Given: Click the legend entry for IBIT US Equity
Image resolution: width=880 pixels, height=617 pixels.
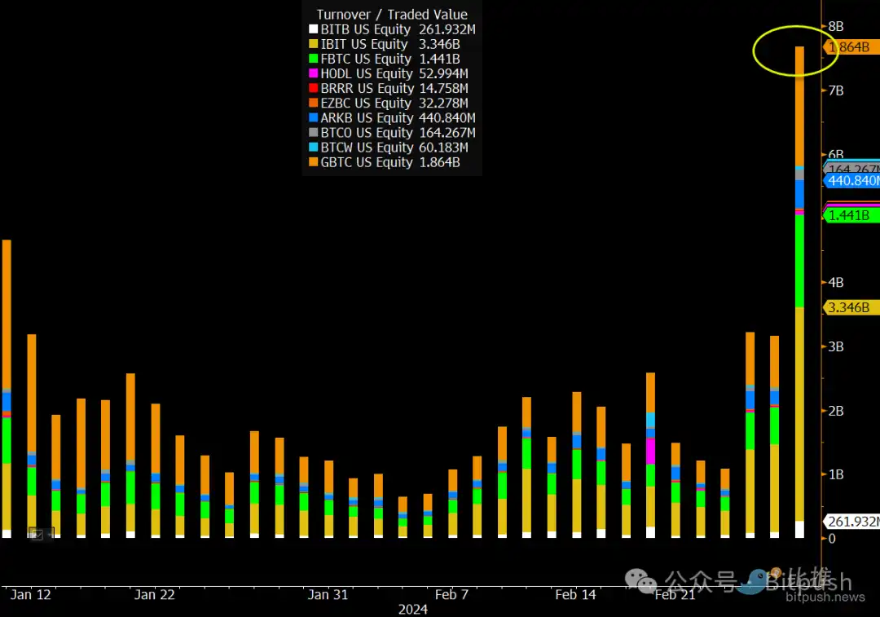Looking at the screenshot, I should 389,44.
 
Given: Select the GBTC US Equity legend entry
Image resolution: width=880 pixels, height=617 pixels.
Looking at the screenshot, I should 389,162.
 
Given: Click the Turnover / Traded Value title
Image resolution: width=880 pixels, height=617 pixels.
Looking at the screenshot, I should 392,14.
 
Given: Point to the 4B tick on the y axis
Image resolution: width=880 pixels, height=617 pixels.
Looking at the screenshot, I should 835,283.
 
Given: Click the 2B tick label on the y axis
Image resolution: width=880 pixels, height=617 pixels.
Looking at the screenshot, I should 835,411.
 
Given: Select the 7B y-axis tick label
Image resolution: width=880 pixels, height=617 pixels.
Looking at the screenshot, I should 835,90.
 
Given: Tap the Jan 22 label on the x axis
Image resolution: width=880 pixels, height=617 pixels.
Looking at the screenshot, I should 154,595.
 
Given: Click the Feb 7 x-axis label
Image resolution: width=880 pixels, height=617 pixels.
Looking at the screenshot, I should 451,595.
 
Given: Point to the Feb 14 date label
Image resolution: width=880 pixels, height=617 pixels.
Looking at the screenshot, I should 576,595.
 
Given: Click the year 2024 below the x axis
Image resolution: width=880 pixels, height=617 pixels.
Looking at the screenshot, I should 413,610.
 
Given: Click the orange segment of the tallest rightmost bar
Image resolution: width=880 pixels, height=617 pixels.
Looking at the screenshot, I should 799,106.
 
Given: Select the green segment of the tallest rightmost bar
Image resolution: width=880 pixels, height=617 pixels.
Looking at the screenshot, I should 799,261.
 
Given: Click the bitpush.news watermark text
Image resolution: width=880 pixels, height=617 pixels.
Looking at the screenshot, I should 825,598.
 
